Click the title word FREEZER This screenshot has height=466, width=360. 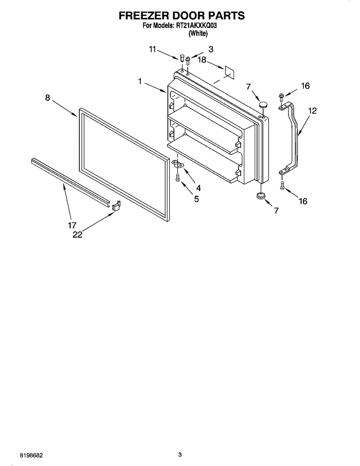[143, 15]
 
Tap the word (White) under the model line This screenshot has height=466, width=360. [198, 34]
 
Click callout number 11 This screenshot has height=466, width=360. [153, 50]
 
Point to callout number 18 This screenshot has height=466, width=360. [202, 60]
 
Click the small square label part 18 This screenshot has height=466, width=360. [229, 72]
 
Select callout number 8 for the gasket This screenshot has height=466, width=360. [48, 98]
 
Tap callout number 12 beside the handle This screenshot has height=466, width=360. [312, 111]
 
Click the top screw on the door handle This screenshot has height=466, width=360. [281, 97]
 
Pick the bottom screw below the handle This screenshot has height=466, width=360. [282, 185]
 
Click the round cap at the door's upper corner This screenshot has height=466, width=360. [262, 104]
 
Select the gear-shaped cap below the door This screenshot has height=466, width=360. [261, 196]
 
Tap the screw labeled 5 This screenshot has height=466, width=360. [178, 178]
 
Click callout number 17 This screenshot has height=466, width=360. [72, 225]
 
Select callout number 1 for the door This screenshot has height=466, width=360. [140, 81]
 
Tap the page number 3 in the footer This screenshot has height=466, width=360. [180, 455]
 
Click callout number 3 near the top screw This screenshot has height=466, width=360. [211, 50]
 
